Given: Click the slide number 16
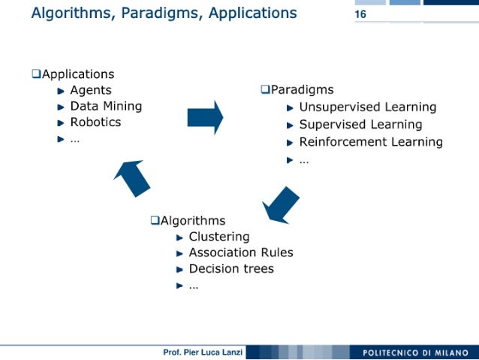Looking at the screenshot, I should click(x=360, y=15).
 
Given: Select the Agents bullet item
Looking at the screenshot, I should click(x=91, y=90).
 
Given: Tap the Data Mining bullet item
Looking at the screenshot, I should click(x=106, y=106).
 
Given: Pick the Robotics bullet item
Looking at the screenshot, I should click(x=95, y=122).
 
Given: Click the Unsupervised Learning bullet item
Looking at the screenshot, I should click(x=367, y=107).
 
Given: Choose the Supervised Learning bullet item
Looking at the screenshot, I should click(x=360, y=124).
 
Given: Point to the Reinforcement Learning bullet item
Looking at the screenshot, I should click(x=371, y=141).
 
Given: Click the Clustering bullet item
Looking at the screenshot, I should click(x=218, y=237).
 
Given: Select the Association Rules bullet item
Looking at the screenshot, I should click(x=240, y=253).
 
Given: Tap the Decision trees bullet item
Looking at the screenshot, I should click(x=231, y=268).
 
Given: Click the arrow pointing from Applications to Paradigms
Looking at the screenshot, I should click(x=205, y=117).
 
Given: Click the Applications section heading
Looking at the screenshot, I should click(x=78, y=74).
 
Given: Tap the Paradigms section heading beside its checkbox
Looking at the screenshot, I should click(x=302, y=90).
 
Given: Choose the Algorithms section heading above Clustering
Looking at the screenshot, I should click(x=193, y=220).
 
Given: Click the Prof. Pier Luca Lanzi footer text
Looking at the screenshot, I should click(x=203, y=352).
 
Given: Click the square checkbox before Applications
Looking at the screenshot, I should click(x=35, y=74).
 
